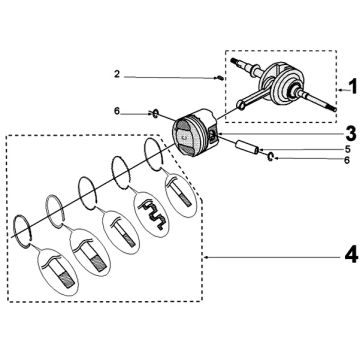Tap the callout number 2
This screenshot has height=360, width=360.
117,74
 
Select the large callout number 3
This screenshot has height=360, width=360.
351,133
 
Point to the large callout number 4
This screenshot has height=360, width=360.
351,256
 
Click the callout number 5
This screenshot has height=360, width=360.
347,149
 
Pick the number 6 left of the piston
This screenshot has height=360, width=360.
117,111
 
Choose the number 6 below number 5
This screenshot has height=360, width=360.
347,161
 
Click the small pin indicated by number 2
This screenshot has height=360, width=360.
220,78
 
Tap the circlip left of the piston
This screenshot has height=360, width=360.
155,114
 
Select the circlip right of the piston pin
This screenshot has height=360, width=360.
271,156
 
